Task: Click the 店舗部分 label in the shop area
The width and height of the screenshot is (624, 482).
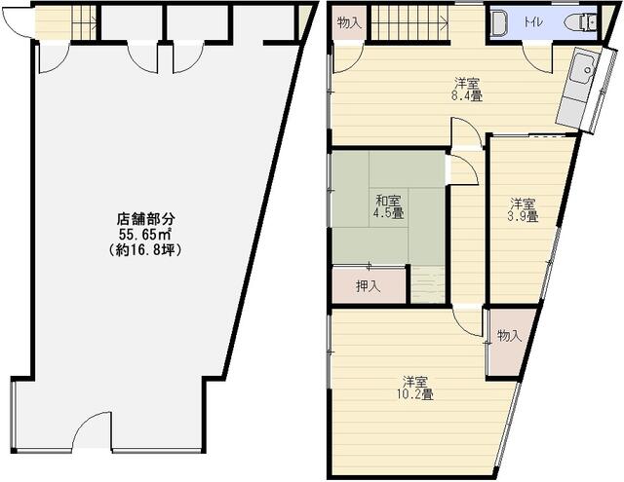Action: point(145,219)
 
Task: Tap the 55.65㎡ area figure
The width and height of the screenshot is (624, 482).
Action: point(145,234)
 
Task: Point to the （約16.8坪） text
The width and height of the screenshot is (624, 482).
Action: point(145,250)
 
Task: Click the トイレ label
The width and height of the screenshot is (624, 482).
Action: point(533,22)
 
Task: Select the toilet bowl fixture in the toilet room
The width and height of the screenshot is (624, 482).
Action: point(583,21)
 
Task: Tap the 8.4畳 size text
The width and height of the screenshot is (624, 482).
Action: point(467,95)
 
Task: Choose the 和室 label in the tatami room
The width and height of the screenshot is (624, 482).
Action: point(388,201)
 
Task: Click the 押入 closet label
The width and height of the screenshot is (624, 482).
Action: point(369,286)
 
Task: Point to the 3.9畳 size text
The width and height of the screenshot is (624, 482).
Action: point(523,216)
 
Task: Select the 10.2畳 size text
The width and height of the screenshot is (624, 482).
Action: point(414,394)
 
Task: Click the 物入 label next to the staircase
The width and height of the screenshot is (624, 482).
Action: point(349,23)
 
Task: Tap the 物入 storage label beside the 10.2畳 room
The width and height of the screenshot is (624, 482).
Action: point(509,336)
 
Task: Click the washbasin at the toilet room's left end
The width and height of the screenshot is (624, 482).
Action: point(497,23)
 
